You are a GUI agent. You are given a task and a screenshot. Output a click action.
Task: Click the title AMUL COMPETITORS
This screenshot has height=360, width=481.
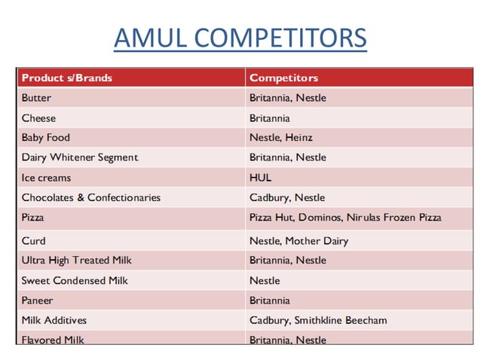pyautogui.click(x=240, y=38)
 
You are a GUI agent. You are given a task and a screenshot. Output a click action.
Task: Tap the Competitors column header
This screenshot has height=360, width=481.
pyautogui.click(x=283, y=78)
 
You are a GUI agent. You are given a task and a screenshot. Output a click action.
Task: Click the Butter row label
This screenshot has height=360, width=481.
pyautogui.click(x=37, y=98)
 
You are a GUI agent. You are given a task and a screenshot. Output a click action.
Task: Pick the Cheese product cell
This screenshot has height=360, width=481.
pyautogui.click(x=38, y=118)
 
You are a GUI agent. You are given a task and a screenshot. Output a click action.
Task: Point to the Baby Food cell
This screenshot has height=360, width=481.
pyautogui.click(x=45, y=138)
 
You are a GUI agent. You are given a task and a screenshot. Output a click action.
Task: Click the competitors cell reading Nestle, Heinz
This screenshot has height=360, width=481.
pyautogui.click(x=280, y=138)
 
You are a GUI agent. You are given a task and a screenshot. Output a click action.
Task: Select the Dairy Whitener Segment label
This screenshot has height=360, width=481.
pyautogui.click(x=80, y=157)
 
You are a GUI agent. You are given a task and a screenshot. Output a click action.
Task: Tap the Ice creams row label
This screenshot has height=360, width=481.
pyautogui.click(x=46, y=178)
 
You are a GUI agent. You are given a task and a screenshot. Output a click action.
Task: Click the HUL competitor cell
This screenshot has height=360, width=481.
pyautogui.click(x=260, y=178)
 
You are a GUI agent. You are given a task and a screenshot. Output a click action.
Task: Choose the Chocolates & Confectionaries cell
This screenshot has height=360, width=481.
pyautogui.click(x=90, y=197)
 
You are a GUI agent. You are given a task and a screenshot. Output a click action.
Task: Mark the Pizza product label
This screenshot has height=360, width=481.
pyautogui.click(x=33, y=217)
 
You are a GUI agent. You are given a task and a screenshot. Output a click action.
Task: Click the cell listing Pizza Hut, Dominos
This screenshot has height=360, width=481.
pyautogui.click(x=345, y=217)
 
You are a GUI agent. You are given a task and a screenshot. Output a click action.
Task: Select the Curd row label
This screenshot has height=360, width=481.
pyautogui.click(x=33, y=241)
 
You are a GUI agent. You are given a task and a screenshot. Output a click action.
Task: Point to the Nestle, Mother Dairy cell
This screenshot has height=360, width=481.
pyautogui.click(x=299, y=241)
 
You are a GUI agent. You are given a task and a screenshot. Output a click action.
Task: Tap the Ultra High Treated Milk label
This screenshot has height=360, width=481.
pyautogui.click(x=76, y=261)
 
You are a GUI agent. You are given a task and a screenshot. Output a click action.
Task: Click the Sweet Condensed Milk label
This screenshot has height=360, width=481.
pyautogui.click(x=75, y=280)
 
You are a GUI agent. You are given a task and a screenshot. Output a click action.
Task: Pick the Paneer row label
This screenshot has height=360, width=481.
pyautogui.click(x=38, y=301)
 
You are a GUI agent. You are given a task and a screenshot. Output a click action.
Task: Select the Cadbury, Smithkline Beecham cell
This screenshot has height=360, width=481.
pyautogui.click(x=317, y=320)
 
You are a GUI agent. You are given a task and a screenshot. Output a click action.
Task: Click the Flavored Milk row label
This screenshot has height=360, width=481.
pyautogui.click(x=53, y=340)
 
